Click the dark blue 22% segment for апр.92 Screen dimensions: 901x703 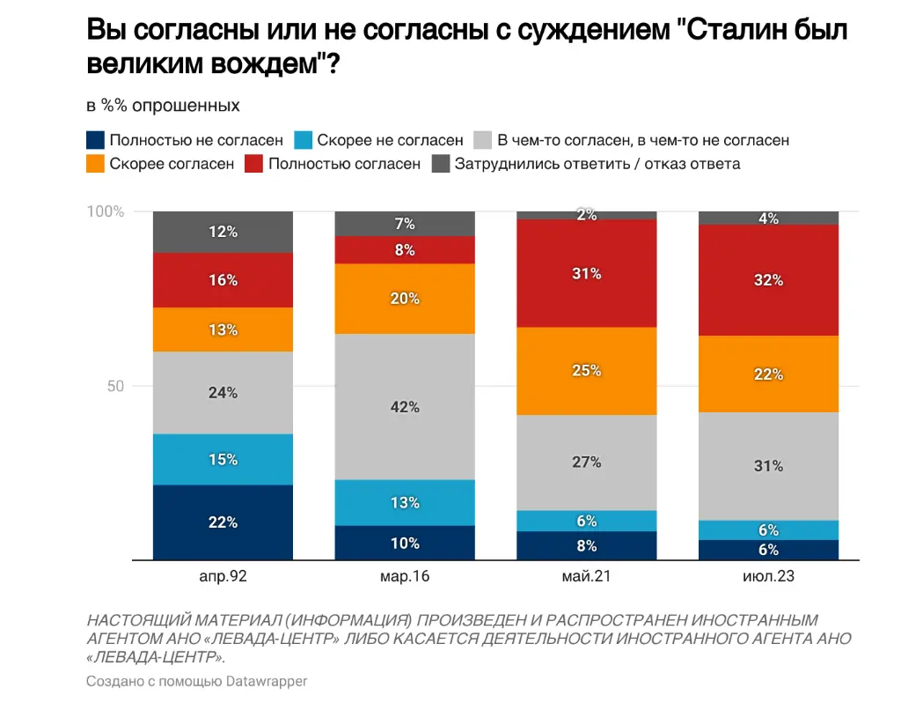coord(223,522)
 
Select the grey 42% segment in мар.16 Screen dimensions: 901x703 coord(405,407)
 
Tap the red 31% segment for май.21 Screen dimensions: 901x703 coord(587,273)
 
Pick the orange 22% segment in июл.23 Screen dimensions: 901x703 coord(768,374)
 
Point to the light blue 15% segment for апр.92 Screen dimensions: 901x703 coord(223,459)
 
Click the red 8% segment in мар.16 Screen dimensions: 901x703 coord(405,249)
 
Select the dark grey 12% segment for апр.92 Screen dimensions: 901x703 coord(223,232)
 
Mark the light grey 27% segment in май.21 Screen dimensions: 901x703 coord(587,462)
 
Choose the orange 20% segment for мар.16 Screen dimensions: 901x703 coord(405,299)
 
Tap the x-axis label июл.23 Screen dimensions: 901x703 coord(768,576)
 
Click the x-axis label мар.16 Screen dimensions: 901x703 coord(405,576)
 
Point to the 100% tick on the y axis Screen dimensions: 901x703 coord(106,211)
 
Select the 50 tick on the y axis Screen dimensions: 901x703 coord(115,386)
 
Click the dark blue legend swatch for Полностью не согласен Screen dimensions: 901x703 coord(95,140)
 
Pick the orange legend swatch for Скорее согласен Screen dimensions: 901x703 coord(95,164)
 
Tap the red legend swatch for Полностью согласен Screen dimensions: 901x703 coord(254,164)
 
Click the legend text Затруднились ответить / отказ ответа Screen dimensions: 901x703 coord(597,164)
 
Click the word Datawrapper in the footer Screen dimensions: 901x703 coord(267,681)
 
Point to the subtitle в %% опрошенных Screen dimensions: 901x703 coord(163,106)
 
